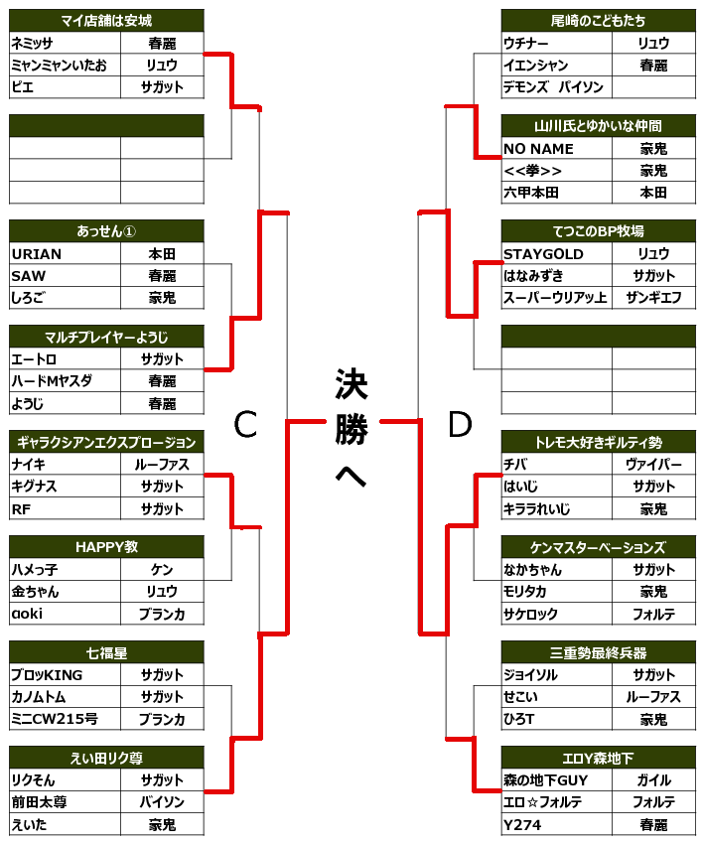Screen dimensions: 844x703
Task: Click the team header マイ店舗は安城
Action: coord(106,21)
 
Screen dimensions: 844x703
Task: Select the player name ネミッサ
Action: coord(32,44)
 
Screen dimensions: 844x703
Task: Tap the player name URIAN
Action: coord(36,254)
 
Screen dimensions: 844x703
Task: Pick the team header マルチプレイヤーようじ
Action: coord(106,337)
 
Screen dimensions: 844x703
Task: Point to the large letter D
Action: coord(459,425)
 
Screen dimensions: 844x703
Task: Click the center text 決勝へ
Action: coord(351,429)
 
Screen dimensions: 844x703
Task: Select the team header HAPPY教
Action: coord(106,547)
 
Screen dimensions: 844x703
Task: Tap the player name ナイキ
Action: coord(29,465)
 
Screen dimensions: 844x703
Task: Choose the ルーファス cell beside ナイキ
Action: coord(162,465)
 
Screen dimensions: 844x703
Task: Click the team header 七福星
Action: coord(106,652)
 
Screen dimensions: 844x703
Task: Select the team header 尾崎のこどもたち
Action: coord(598,21)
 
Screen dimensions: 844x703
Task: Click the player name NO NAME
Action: coord(538,149)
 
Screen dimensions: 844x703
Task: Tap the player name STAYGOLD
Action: coord(543,254)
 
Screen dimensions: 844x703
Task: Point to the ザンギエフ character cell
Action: coord(653,298)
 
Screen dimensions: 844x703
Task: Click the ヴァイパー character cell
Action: coord(653,465)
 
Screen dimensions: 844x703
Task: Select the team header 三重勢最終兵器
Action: coord(598,652)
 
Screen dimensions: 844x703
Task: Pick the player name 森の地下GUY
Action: coord(546,780)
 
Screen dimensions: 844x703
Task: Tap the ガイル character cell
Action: coord(653,780)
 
